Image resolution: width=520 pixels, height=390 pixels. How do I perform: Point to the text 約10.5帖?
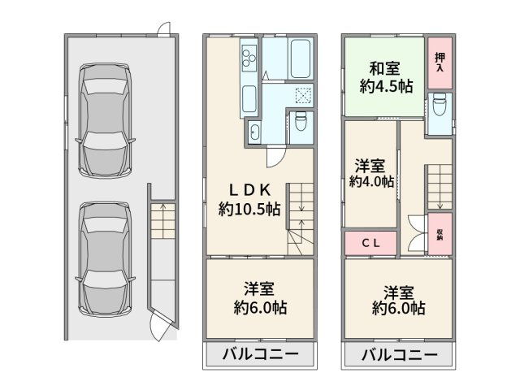249,210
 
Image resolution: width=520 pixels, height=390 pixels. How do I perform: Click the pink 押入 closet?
440,63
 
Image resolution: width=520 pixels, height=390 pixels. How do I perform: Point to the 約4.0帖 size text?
370,181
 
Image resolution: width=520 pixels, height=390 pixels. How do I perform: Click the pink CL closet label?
371,242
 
